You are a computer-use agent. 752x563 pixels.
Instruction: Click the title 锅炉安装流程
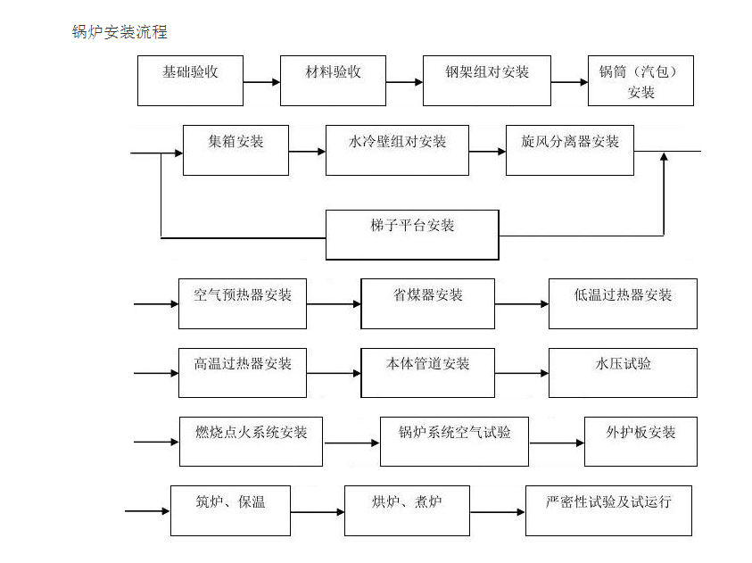point(119,33)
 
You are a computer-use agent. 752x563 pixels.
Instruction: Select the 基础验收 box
point(190,80)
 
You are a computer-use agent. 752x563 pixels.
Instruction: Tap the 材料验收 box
point(333,80)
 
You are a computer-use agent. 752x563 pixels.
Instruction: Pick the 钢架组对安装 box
point(486,80)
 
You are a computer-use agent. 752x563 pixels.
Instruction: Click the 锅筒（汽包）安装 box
point(640,81)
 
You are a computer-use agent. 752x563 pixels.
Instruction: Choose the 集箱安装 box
point(236,150)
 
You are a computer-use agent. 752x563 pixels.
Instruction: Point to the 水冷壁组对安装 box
point(397,150)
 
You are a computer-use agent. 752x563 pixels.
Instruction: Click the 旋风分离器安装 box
point(570,150)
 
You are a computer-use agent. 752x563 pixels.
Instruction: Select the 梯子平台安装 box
point(412,235)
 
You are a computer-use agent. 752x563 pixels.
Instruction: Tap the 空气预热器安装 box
point(243,303)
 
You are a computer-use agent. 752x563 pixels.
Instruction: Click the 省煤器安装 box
point(427,303)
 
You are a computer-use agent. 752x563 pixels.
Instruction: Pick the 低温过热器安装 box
point(623,303)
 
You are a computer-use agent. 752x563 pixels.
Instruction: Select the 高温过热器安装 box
point(243,372)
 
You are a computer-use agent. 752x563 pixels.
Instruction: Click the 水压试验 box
point(623,372)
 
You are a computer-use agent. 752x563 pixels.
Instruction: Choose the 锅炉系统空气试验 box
point(454,441)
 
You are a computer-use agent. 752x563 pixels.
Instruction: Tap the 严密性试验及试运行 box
point(608,510)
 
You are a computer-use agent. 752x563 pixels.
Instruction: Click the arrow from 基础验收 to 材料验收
point(261,83)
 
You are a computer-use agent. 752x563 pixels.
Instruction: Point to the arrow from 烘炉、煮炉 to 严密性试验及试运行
point(498,512)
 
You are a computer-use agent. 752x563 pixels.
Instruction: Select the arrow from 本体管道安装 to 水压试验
point(522,373)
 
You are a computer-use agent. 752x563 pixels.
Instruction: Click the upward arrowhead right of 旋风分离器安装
point(663,159)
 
